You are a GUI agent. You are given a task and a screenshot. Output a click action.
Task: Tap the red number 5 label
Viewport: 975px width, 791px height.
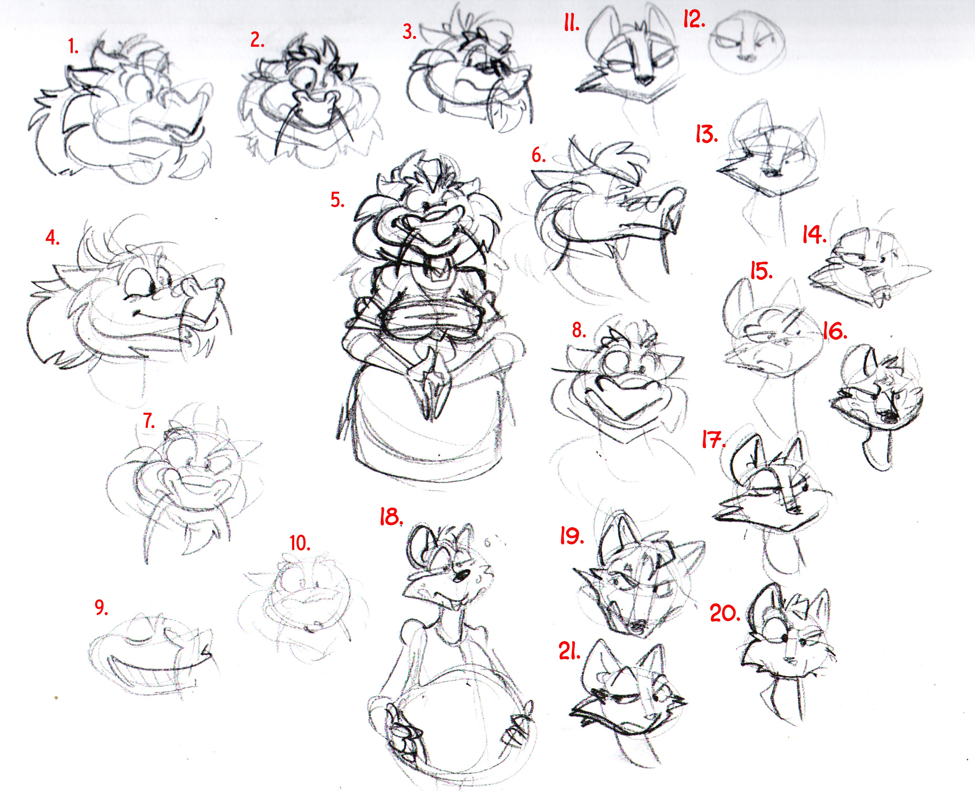pyautogui.click(x=337, y=200)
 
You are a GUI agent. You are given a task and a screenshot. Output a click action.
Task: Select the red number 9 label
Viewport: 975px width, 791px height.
pyautogui.click(x=101, y=607)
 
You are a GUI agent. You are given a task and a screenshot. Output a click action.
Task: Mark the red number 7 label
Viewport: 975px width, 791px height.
pyautogui.click(x=149, y=421)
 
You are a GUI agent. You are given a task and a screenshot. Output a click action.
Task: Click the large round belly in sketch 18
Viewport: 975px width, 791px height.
pyautogui.click(x=456, y=715)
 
